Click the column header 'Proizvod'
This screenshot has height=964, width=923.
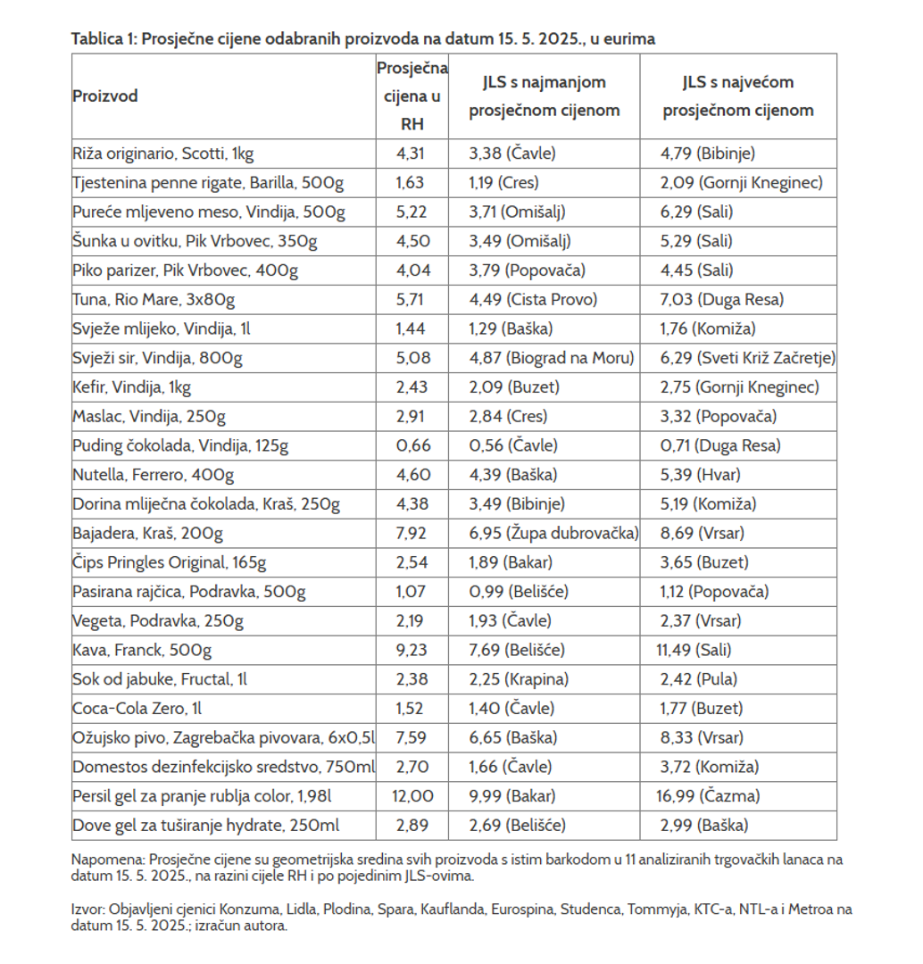click(x=105, y=96)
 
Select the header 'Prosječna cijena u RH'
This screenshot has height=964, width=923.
click(x=412, y=96)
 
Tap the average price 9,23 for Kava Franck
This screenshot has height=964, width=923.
click(x=412, y=651)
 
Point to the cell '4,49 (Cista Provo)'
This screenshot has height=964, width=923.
click(x=533, y=299)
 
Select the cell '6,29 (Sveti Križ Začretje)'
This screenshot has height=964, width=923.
click(x=748, y=358)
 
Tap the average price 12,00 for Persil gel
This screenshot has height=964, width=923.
click(x=412, y=796)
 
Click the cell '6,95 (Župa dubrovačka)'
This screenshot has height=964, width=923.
click(x=553, y=534)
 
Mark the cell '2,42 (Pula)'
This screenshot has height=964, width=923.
click(x=699, y=679)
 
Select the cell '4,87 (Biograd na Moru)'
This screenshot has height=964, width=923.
click(x=551, y=358)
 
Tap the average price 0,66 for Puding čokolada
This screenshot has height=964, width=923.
click(x=412, y=445)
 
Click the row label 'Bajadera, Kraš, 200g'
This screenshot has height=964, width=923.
click(x=147, y=534)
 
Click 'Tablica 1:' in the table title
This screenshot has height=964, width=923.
click(x=104, y=38)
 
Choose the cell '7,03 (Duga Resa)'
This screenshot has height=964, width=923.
click(x=710, y=299)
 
